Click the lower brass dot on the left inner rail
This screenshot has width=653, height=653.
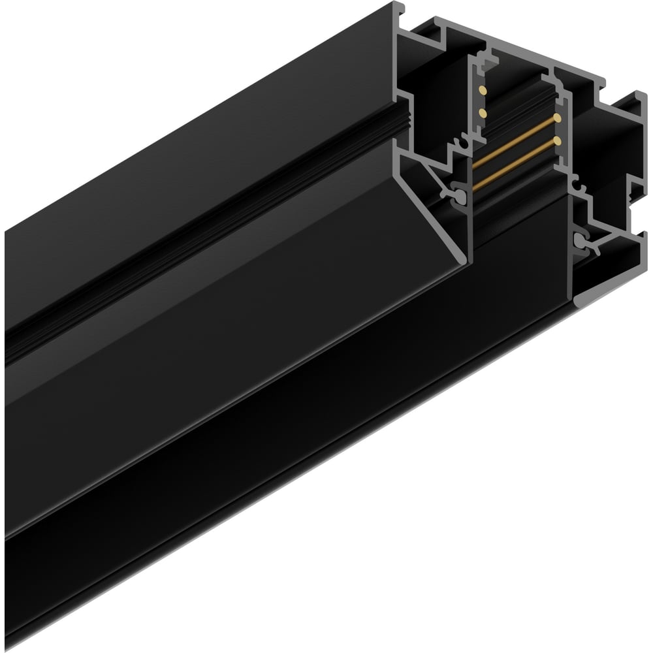(x=483, y=113)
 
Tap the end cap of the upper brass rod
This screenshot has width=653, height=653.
(x=558, y=118)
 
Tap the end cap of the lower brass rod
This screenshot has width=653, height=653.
(x=557, y=139)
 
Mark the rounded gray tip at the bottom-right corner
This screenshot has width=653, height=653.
(x=581, y=302)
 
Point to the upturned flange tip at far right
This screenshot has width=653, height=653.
(x=637, y=98)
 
